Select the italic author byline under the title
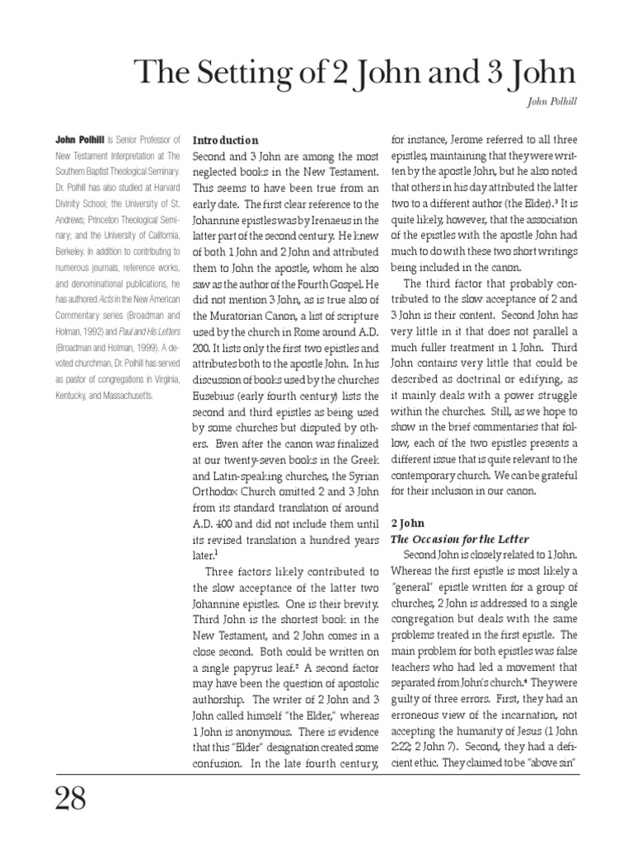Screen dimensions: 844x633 tap(548, 104)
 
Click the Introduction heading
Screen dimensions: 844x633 tap(225, 140)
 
